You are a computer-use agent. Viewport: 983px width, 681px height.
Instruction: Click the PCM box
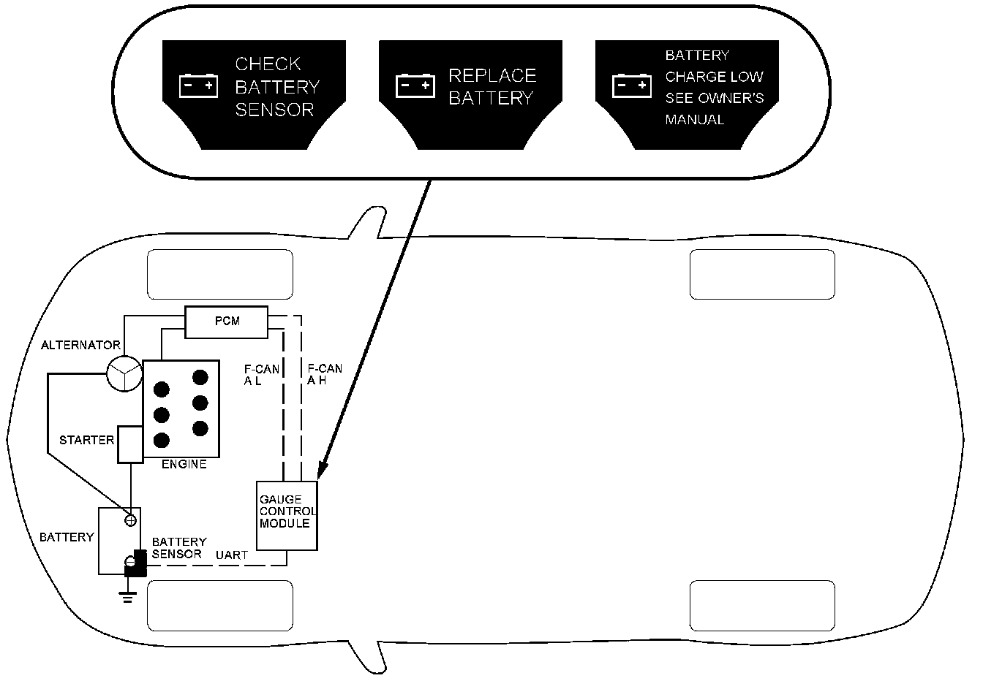point(226,322)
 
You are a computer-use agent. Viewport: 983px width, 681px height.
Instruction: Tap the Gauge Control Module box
point(287,515)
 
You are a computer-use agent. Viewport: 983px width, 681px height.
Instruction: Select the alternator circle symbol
point(124,374)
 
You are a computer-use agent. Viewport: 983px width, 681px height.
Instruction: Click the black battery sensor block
point(137,563)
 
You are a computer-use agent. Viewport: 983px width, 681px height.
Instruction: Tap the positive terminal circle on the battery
point(131,520)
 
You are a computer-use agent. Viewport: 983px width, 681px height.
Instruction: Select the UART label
point(231,555)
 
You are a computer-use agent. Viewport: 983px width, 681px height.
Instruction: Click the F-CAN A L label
point(261,375)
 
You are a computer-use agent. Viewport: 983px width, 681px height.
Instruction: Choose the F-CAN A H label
point(324,375)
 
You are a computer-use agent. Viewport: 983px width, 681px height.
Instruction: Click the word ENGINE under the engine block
point(184,464)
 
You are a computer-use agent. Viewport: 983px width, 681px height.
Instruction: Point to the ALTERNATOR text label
point(80,345)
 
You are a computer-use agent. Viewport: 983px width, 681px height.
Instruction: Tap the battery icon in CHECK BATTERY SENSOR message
point(198,86)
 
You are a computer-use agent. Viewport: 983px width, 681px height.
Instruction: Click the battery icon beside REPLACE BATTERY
point(415,86)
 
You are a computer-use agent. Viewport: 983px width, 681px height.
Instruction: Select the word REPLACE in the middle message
point(491,76)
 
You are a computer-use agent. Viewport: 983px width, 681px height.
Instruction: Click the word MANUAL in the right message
point(694,120)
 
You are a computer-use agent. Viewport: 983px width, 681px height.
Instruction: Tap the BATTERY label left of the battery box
point(67,537)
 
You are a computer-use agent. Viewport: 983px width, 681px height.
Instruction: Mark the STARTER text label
point(86,441)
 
